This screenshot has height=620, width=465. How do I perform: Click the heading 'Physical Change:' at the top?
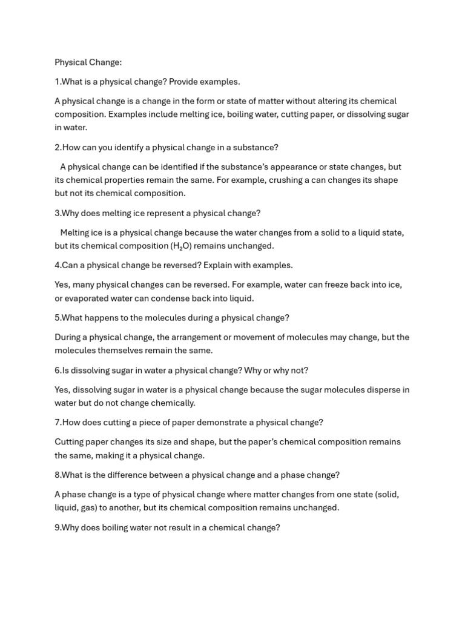pos(88,62)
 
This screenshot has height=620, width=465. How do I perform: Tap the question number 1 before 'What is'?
pos(57,82)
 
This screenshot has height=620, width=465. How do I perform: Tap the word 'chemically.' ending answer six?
pos(171,403)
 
